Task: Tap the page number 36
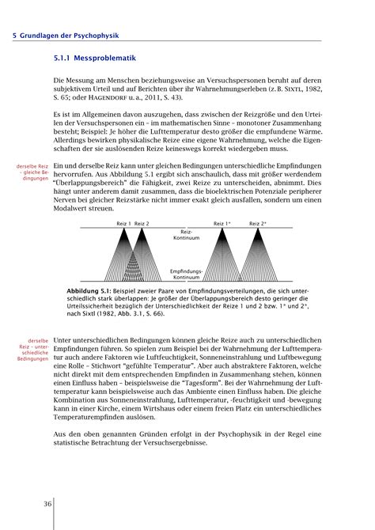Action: click(27, 503)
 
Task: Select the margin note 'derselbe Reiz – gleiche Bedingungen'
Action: click(26, 172)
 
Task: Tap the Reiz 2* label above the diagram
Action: click(258, 224)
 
